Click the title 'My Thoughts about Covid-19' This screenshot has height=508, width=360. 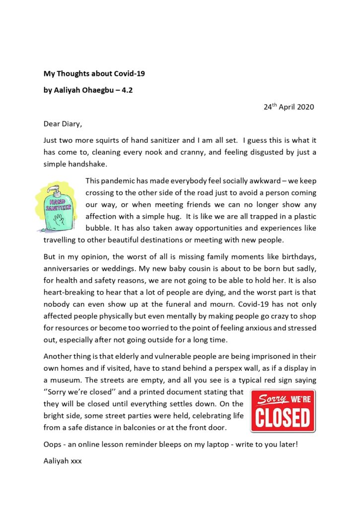tap(94, 74)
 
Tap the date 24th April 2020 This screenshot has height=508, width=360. tap(288, 107)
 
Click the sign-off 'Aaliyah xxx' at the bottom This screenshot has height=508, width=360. tap(63, 461)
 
